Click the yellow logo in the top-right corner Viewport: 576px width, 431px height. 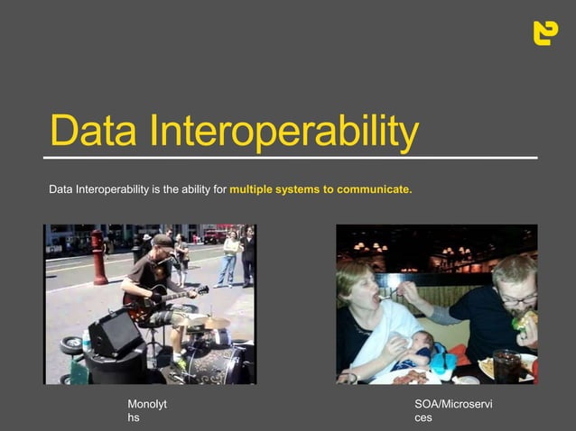tap(545, 32)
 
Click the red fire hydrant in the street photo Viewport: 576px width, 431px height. tap(98, 256)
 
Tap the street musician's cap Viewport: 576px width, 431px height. tap(162, 242)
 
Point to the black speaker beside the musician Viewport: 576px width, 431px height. tap(116, 333)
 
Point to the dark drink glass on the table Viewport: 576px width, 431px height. tap(506, 365)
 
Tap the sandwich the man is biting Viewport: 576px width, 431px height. tap(524, 318)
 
